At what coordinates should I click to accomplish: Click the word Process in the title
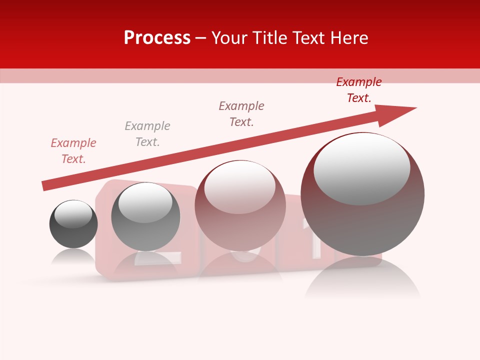coord(157,38)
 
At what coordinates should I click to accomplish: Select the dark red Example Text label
coord(358,90)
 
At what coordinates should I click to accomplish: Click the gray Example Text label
coord(147,134)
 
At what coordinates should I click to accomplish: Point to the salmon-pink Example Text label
coord(73,151)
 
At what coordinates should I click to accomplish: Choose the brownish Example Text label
coord(241,114)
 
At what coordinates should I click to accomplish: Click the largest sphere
coord(362,225)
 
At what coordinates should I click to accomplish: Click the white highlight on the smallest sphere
coord(73,214)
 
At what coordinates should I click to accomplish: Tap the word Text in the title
coord(308,38)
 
